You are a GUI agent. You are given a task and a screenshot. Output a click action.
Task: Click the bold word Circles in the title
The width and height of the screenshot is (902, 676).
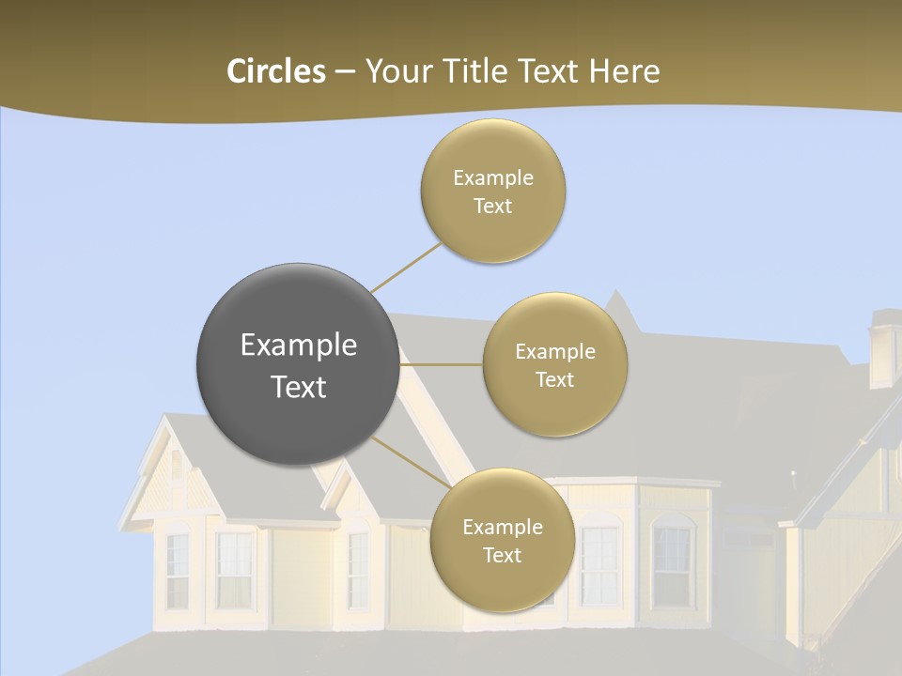[x=275, y=71]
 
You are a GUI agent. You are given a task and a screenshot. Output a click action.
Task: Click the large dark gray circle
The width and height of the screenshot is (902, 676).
[x=298, y=364]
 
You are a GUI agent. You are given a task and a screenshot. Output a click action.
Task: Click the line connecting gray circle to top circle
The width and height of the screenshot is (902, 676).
[x=406, y=267]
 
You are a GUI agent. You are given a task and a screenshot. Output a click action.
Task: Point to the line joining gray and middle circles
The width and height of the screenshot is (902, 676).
[x=442, y=364]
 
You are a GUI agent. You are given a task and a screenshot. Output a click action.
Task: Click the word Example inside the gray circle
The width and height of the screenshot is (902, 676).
[x=299, y=346]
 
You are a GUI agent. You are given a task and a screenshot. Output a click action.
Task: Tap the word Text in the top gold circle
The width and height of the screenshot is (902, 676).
[x=493, y=206]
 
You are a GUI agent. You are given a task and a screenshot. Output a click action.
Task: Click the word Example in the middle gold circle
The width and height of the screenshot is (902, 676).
[x=554, y=352]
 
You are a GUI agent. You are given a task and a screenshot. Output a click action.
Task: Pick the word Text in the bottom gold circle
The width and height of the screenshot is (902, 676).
[x=502, y=555]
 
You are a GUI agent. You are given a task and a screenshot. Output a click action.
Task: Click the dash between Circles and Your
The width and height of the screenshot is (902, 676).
[x=345, y=71]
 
